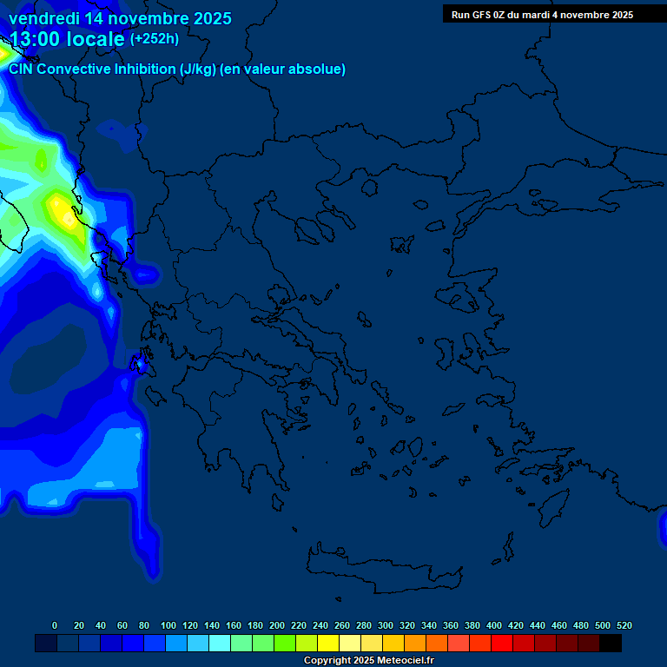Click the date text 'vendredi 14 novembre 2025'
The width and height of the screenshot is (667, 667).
coord(120,18)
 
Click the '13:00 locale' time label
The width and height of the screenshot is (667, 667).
coord(68,39)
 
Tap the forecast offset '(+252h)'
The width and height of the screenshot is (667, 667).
coord(155,39)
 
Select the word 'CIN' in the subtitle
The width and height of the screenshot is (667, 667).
coord(21,69)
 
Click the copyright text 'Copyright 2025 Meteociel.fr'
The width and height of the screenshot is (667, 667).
coord(368,661)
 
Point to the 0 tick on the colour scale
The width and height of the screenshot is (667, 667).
coord(55,625)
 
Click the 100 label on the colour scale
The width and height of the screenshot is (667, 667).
coord(168,625)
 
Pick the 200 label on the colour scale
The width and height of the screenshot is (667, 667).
coord(277,625)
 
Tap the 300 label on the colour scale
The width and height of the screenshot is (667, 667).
coord(386,625)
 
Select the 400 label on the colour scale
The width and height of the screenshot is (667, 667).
coord(494,625)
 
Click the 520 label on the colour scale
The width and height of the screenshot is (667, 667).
coord(624,625)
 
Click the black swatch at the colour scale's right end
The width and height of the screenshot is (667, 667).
coord(611,644)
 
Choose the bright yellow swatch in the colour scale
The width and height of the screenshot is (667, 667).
coord(328,644)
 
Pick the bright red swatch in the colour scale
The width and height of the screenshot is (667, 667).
coord(502,644)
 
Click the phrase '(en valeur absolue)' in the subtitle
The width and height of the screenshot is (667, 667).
coord(284,69)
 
